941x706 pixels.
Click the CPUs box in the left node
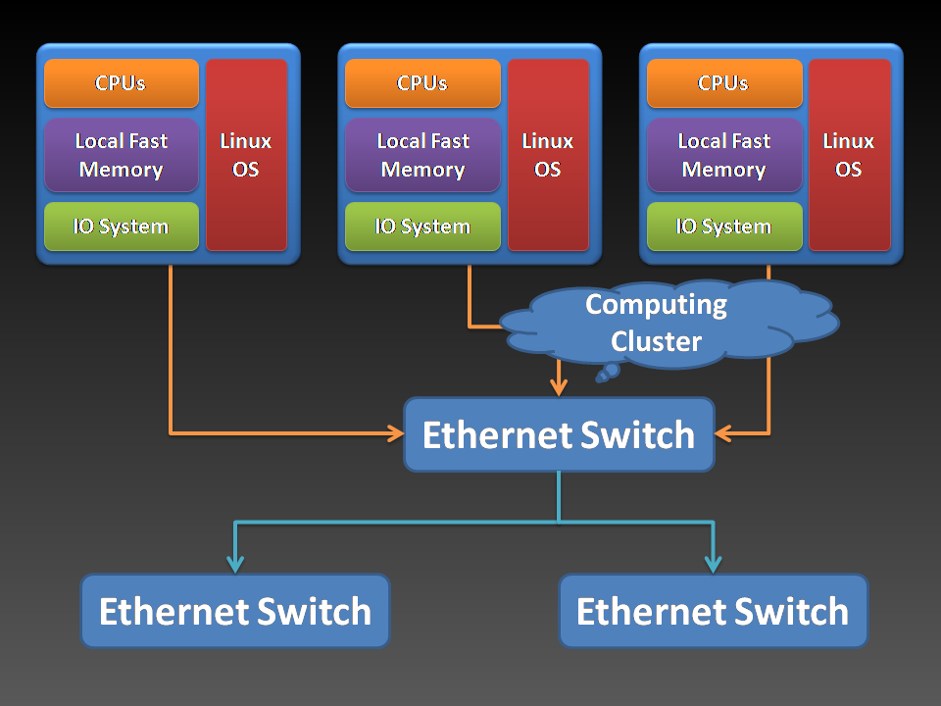pyautogui.click(x=122, y=83)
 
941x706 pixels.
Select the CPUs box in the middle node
pyautogui.click(x=422, y=83)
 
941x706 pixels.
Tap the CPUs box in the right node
pyautogui.click(x=724, y=83)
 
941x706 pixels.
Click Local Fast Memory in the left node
pyautogui.click(x=122, y=155)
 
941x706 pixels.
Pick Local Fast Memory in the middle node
pyautogui.click(x=422, y=155)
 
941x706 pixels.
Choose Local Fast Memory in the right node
pyautogui.click(x=724, y=155)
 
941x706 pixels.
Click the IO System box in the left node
pyautogui.click(x=122, y=227)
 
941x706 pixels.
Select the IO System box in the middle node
pyautogui.click(x=422, y=227)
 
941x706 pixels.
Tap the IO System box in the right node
pyautogui.click(x=724, y=227)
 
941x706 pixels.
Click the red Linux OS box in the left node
pyautogui.click(x=246, y=155)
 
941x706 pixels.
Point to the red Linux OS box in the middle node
pyautogui.click(x=548, y=155)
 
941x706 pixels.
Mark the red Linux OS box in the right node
pyautogui.click(x=849, y=155)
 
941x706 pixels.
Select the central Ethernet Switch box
pyautogui.click(x=559, y=434)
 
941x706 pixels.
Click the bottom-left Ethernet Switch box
pyautogui.click(x=235, y=611)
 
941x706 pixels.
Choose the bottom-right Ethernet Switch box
pyautogui.click(x=713, y=611)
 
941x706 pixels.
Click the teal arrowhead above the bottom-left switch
pyautogui.click(x=235, y=564)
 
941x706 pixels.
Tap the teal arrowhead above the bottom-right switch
pyautogui.click(x=713, y=564)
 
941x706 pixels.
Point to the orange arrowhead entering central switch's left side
pyautogui.click(x=396, y=432)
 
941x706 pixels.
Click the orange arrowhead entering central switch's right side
pyautogui.click(x=724, y=432)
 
